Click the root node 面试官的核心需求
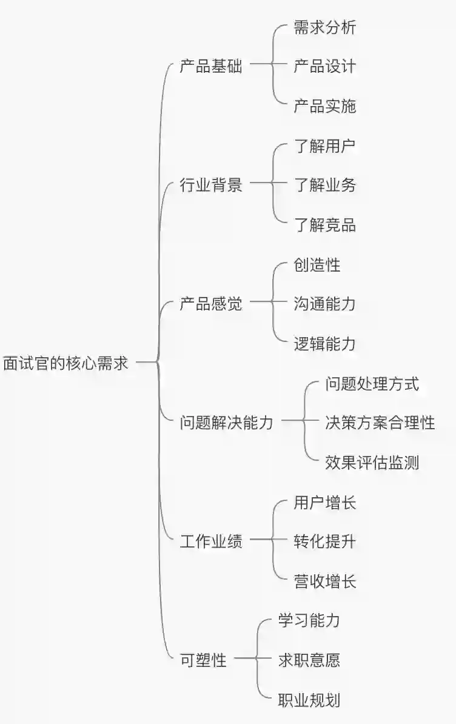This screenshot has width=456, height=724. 65,363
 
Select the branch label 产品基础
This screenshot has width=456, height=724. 211,67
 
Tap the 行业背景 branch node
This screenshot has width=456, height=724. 211,185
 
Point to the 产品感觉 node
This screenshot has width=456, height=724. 211,304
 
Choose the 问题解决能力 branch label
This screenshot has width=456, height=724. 226,423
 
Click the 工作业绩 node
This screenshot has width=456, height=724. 211,541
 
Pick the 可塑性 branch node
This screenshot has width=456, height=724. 203,660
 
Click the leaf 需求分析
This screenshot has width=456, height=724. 324,27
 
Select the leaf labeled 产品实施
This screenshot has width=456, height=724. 324,107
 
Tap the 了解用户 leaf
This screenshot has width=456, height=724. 324,146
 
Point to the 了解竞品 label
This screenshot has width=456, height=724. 324,226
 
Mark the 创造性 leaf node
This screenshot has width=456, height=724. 317,265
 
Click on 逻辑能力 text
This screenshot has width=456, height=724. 324,344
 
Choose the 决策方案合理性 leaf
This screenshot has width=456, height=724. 380,423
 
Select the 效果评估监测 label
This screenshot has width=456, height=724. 372,463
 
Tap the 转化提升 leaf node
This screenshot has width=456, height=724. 324,541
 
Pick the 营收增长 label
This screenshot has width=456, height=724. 324,582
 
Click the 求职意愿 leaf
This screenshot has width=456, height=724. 309,660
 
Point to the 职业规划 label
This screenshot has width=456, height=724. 309,700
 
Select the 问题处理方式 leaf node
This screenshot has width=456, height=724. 372,383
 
